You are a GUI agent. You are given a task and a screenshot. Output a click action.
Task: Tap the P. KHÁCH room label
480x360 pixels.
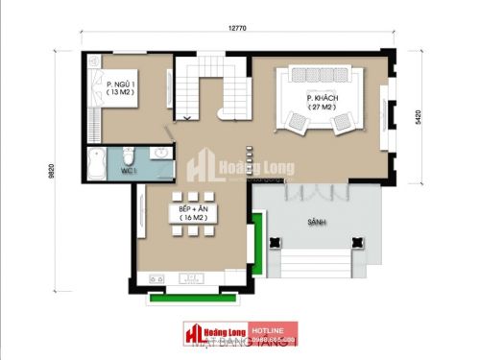[x=320, y=99]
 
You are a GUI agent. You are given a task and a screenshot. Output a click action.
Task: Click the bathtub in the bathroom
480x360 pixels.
[x=94, y=165]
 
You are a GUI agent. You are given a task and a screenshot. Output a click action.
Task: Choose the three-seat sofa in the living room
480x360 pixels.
[x=321, y=76]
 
